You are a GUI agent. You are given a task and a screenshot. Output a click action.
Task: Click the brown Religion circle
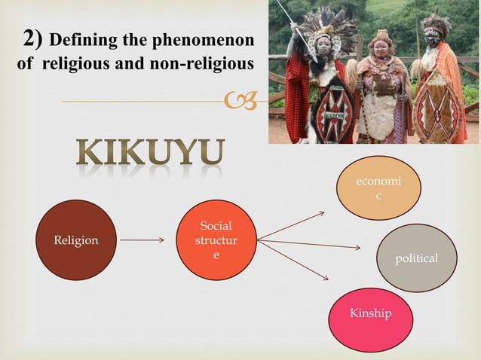[76, 240]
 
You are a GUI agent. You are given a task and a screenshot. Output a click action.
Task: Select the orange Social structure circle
[216, 240]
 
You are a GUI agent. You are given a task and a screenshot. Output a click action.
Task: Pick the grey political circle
[416, 258]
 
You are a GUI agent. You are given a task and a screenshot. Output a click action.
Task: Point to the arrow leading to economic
[291, 226]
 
